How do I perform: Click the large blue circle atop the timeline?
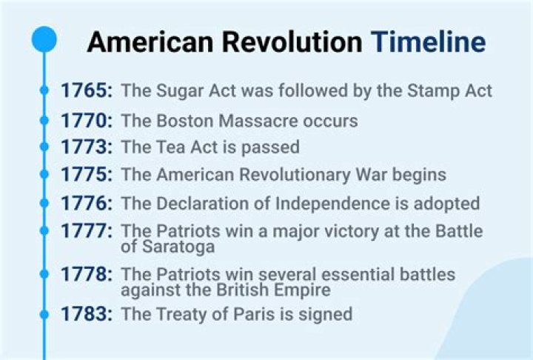[x=44, y=39]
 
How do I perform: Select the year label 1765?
[x=87, y=91]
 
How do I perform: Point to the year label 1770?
[x=87, y=120]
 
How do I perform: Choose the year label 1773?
[x=87, y=147]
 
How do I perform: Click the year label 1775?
[x=87, y=176]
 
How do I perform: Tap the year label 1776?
[x=87, y=203]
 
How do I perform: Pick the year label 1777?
[x=87, y=231]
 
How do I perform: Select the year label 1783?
[x=87, y=314]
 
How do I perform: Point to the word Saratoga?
[x=178, y=247]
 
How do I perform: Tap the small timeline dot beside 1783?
[x=44, y=315]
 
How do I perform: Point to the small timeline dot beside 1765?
[x=44, y=91]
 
